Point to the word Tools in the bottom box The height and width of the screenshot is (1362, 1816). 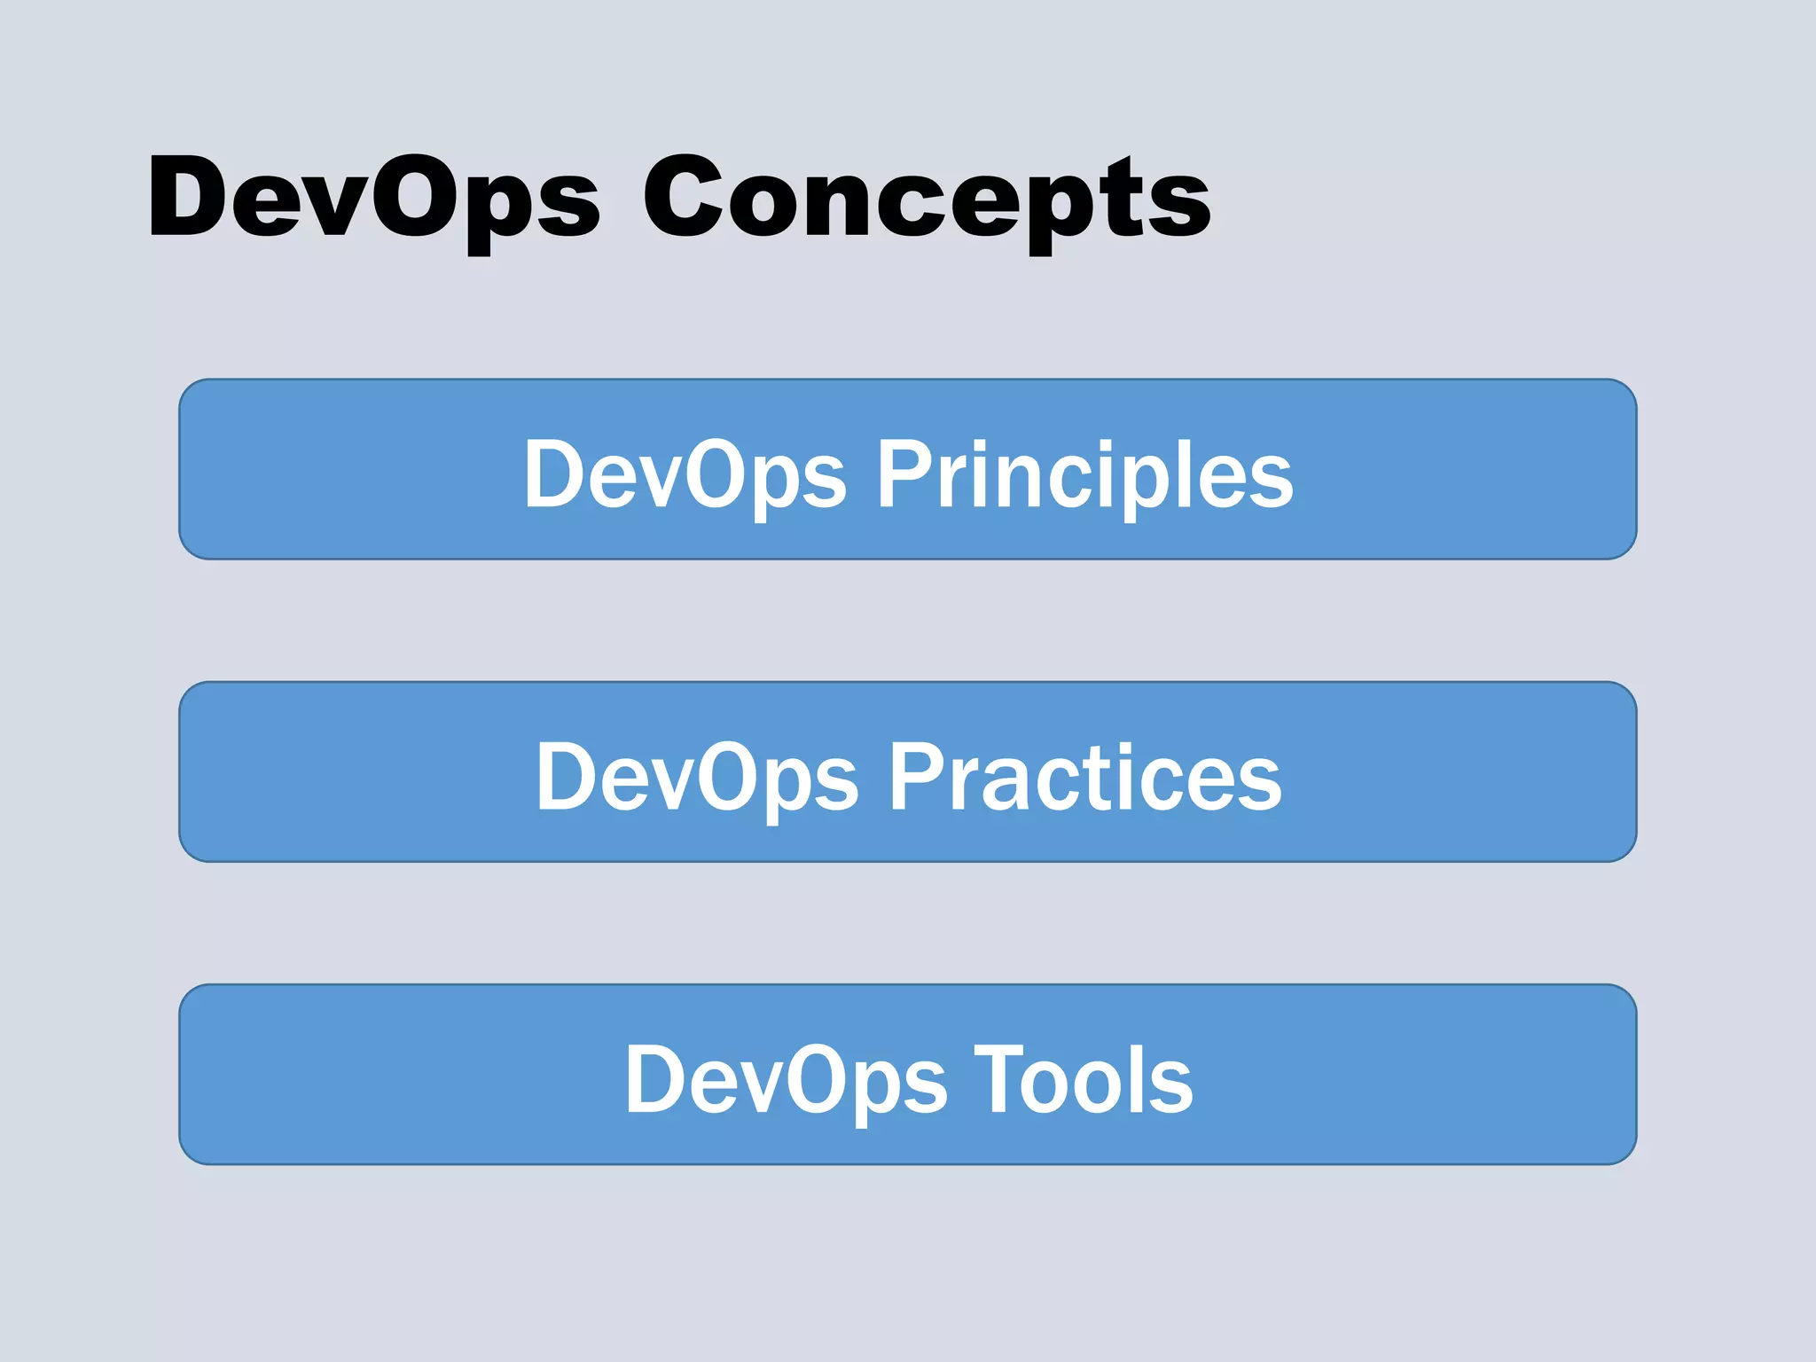click(1083, 1080)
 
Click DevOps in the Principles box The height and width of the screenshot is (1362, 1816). click(685, 476)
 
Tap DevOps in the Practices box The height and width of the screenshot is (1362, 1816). click(697, 778)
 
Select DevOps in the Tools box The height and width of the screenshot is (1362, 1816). click(786, 1080)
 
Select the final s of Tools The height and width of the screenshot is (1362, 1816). click(1171, 1090)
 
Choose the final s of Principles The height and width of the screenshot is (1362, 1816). click(1270, 486)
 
